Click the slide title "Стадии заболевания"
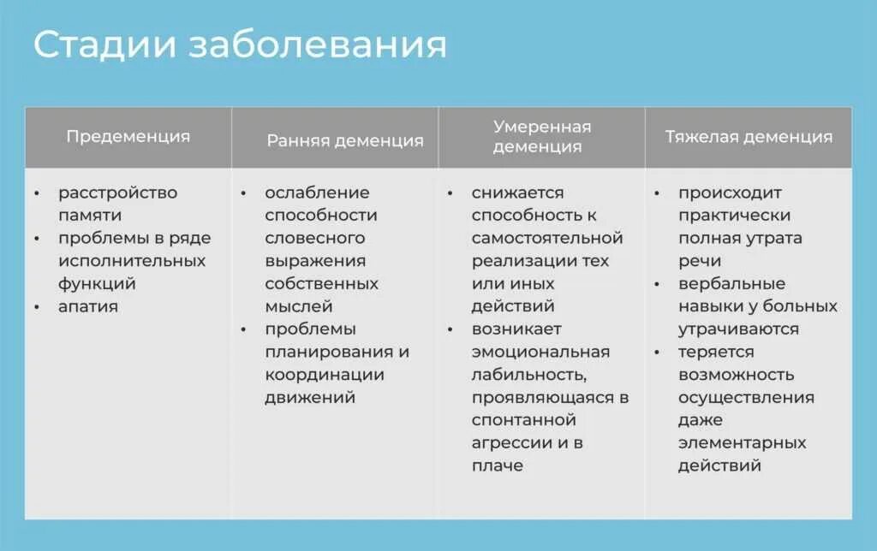pyautogui.click(x=240, y=45)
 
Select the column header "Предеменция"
pyautogui.click(x=128, y=136)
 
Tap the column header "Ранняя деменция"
pyautogui.click(x=344, y=140)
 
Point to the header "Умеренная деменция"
pyautogui.click(x=541, y=137)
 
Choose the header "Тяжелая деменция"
pyautogui.click(x=749, y=137)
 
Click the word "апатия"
pyautogui.click(x=87, y=306)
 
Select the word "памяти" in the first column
pyautogui.click(x=89, y=216)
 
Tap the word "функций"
pyautogui.click(x=97, y=283)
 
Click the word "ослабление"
pyautogui.click(x=317, y=193)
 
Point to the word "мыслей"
pyautogui.click(x=298, y=306)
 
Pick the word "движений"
pyautogui.click(x=309, y=397)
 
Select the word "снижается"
pyautogui.click(x=517, y=193)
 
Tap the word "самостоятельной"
pyautogui.click(x=546, y=238)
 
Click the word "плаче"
pyautogui.click(x=497, y=465)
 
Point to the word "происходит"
pyautogui.click(x=730, y=193)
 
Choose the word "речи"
pyautogui.click(x=699, y=261)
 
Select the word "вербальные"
pyautogui.click(x=731, y=283)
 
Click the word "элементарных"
pyautogui.click(x=742, y=442)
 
